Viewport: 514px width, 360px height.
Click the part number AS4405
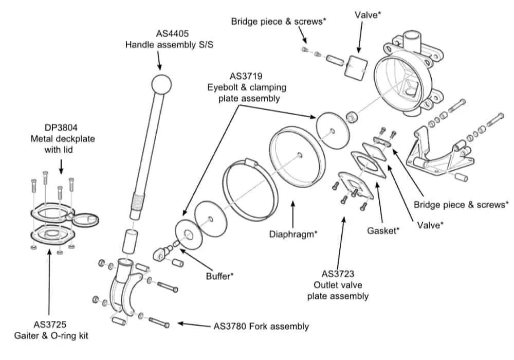(x=159, y=34)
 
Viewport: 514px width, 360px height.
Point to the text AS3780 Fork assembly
(x=261, y=326)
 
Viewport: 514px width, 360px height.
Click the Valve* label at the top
(x=368, y=15)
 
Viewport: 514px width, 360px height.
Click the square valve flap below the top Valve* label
(x=356, y=66)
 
